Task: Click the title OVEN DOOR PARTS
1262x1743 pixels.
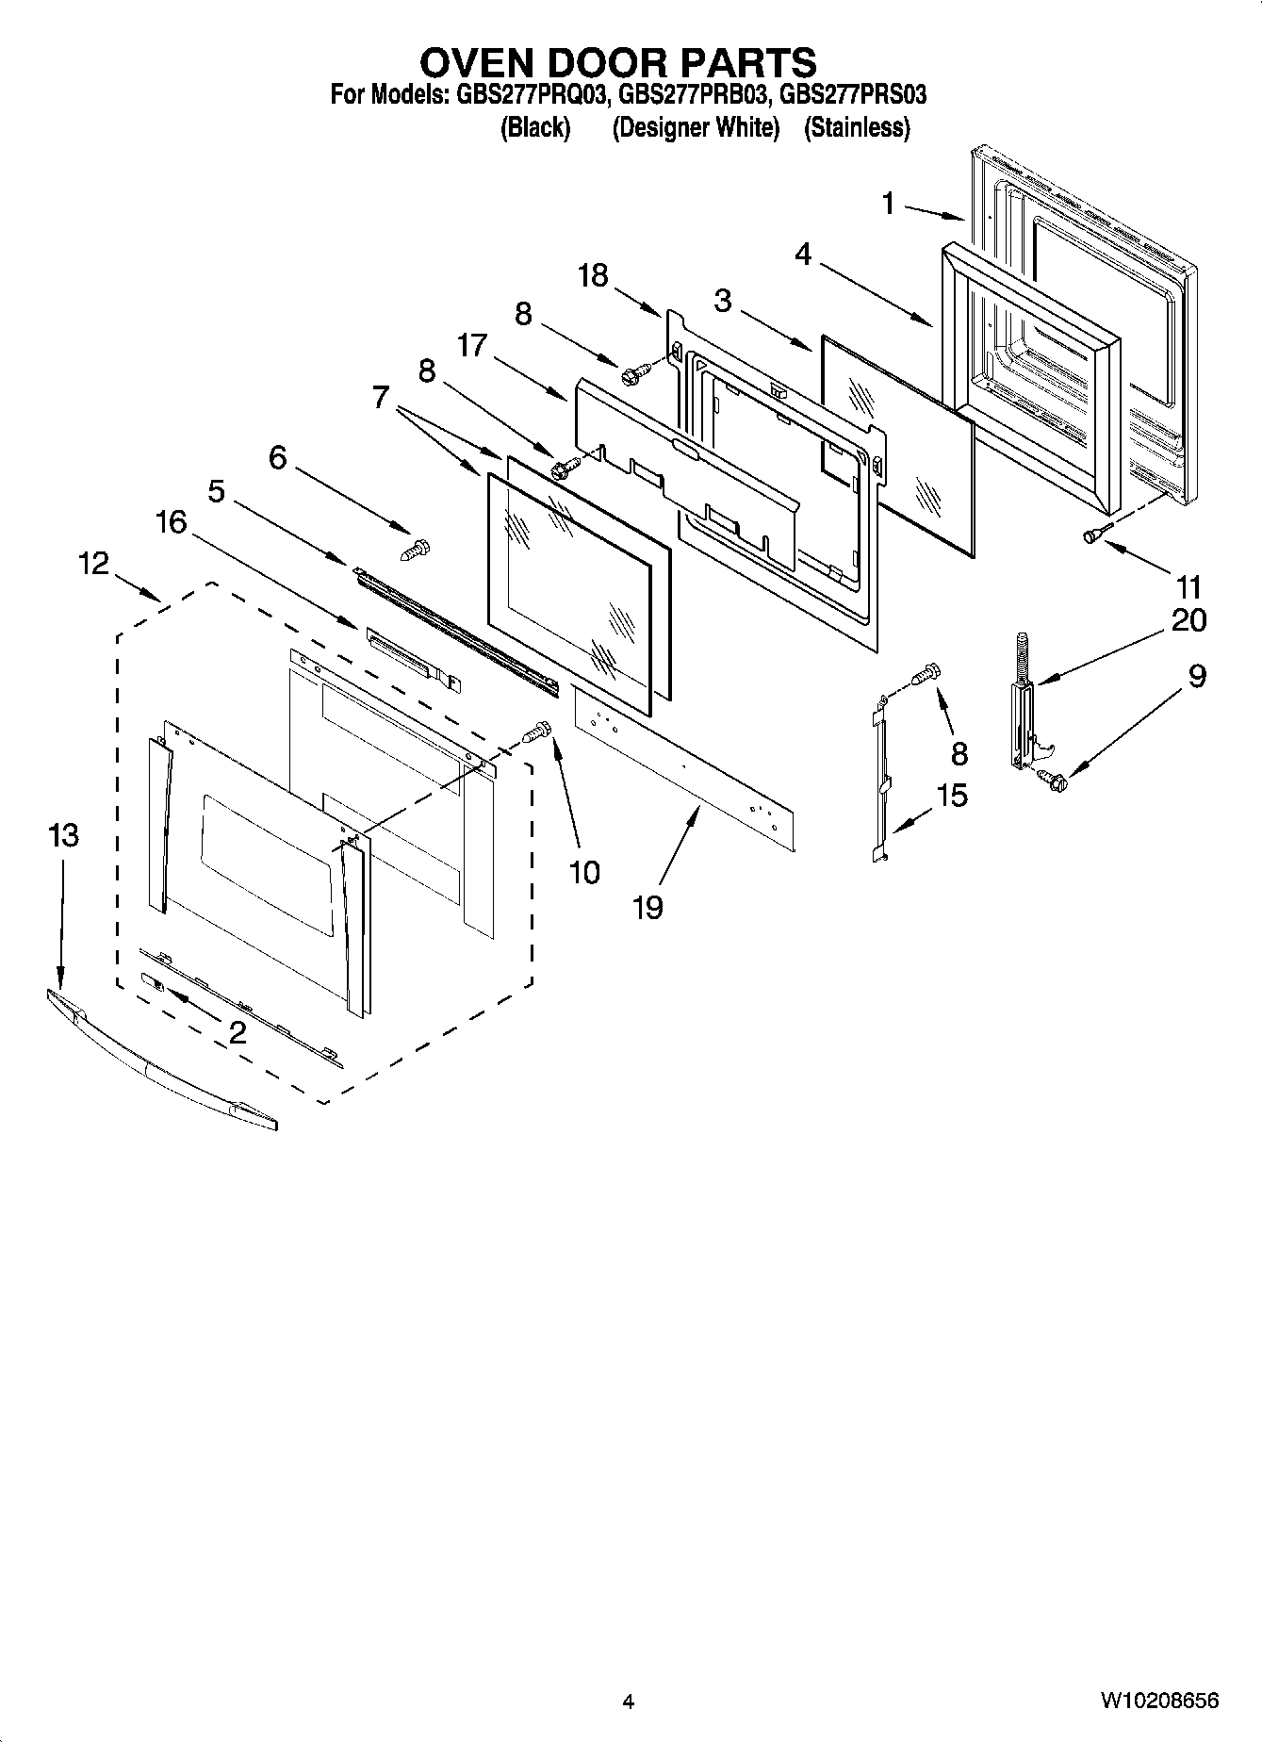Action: pyautogui.click(x=617, y=62)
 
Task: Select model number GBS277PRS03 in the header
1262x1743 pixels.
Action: pyautogui.click(x=854, y=95)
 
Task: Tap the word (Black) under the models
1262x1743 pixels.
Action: pyautogui.click(x=534, y=127)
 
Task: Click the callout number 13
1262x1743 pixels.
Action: pyautogui.click(x=63, y=834)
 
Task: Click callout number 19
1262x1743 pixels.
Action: pyautogui.click(x=647, y=907)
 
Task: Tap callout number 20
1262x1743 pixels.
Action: pyautogui.click(x=1188, y=619)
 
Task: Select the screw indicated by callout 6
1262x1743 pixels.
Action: pyautogui.click(x=416, y=549)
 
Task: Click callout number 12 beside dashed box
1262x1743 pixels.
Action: pyautogui.click(x=93, y=563)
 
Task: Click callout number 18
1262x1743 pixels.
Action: pyautogui.click(x=593, y=275)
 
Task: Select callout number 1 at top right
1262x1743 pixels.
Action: pyautogui.click(x=888, y=203)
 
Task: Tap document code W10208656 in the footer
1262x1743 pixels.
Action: pyautogui.click(x=1158, y=1701)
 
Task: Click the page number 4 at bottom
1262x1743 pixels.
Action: pyautogui.click(x=629, y=1702)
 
